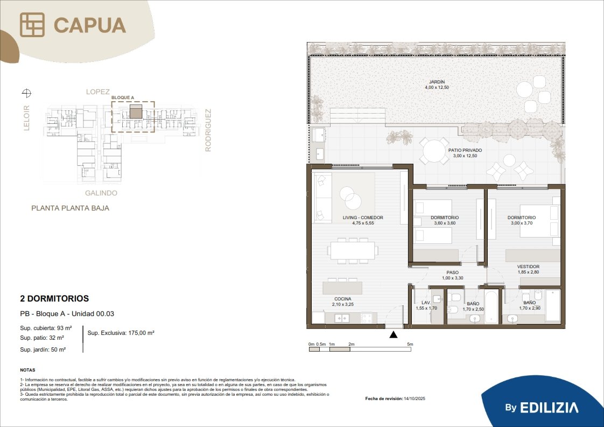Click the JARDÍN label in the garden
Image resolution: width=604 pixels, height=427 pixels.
click(437, 82)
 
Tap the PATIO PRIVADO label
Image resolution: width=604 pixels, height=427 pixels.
click(465, 150)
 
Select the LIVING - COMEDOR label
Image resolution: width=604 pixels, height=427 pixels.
click(363, 218)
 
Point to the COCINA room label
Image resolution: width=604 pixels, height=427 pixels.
click(343, 299)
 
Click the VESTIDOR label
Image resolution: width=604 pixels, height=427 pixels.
click(528, 267)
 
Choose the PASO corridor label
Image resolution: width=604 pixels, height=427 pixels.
click(453, 272)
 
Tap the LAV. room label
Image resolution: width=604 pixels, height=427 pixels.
click(426, 303)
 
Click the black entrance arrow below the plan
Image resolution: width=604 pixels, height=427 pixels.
click(394, 334)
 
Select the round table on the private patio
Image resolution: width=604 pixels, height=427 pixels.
click(434, 151)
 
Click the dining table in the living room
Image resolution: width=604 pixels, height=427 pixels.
click(353, 250)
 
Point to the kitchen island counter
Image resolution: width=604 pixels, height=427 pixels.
click(342, 288)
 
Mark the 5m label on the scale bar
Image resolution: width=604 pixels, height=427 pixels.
click(410, 344)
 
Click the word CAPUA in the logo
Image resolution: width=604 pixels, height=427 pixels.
click(90, 25)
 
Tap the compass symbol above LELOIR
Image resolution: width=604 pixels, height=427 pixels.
click(26, 93)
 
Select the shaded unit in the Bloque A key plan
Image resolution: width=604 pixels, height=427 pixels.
click(136, 111)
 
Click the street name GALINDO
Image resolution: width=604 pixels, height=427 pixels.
click(101, 193)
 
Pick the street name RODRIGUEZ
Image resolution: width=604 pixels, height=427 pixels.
click(208, 130)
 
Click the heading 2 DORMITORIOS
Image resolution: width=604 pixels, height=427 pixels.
click(54, 298)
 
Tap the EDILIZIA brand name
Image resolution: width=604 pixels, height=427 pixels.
click(549, 408)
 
